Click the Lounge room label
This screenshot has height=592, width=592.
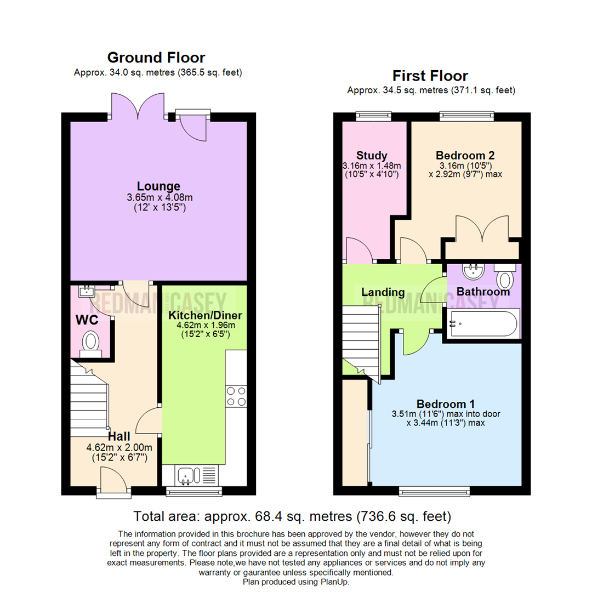158,186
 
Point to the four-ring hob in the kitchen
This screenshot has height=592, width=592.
236,396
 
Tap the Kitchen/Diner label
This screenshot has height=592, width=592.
205,315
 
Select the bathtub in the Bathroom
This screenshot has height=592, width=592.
482,324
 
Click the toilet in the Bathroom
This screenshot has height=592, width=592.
505,277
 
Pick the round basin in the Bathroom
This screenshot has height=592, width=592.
471,272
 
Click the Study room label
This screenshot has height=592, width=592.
371,155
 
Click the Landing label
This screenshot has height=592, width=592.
383,292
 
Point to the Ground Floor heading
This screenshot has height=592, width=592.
156,58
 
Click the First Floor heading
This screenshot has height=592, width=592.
430,76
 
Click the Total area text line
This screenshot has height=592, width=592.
293,516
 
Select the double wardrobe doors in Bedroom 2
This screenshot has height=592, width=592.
482,230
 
